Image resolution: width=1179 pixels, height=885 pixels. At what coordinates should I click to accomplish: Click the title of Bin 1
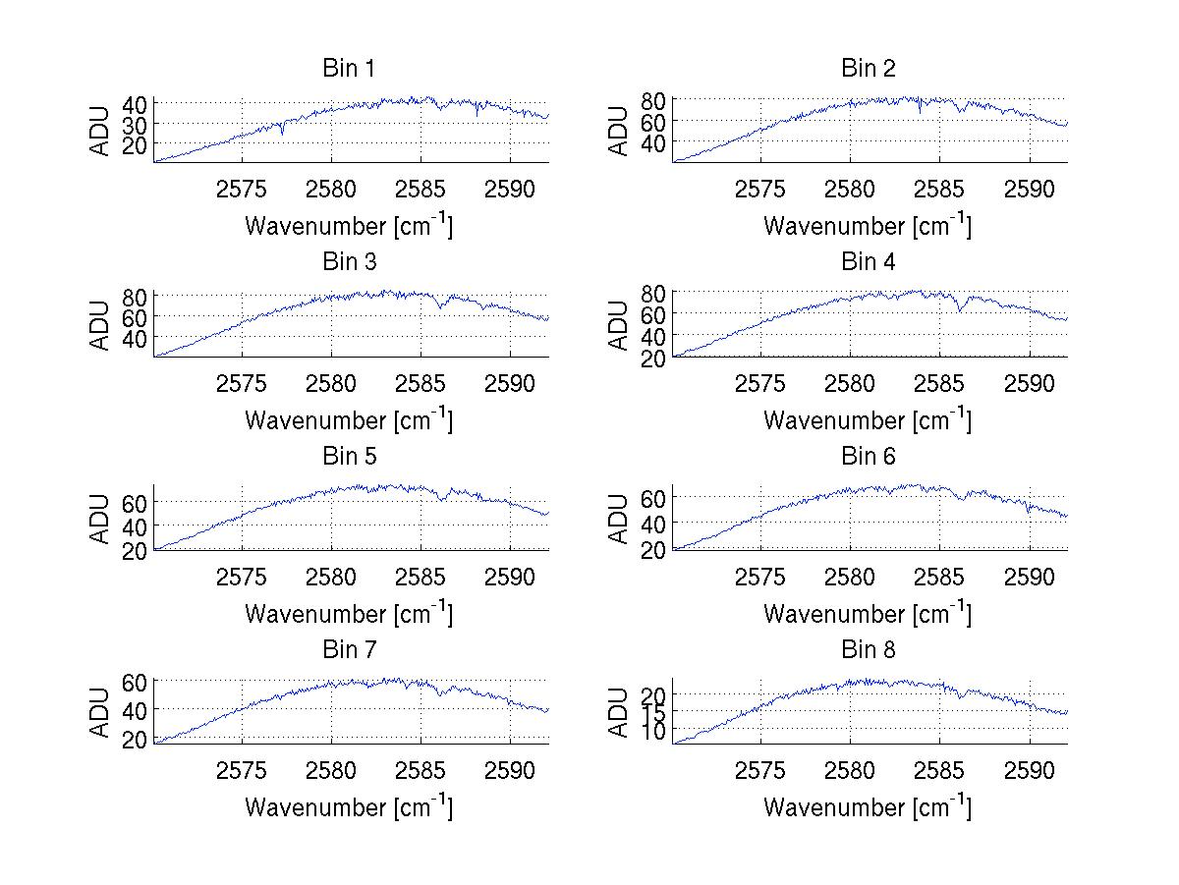349,69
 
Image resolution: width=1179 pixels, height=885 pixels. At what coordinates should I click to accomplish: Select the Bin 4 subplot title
869,262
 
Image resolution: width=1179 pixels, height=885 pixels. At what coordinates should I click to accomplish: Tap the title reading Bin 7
349,650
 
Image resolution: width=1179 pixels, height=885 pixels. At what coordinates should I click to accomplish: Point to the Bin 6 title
869,457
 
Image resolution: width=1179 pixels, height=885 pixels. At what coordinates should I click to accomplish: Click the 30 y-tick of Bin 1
136,124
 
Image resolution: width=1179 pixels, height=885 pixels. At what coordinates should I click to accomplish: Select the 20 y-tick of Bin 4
654,359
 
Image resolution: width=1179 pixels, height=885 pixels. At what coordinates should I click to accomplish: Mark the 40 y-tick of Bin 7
136,708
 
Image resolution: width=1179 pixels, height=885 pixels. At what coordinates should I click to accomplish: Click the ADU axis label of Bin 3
101,325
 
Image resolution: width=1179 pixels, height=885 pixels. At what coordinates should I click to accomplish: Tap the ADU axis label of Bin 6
620,519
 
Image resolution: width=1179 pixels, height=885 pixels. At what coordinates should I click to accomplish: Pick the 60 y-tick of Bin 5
136,502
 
